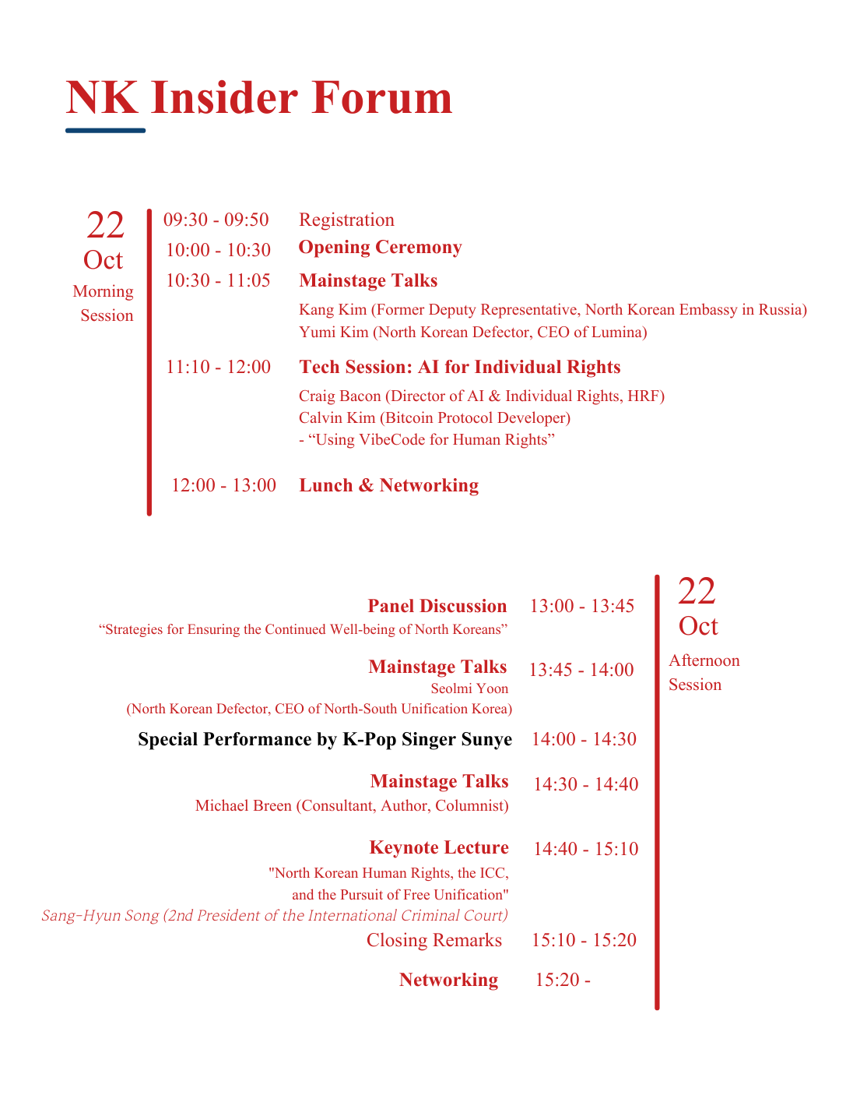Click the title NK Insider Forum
coord(259,98)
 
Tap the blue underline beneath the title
coord(105,130)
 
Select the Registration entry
coord(346,220)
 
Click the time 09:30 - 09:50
coord(216,220)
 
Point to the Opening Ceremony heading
coord(380,248)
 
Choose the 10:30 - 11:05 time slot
coord(218,280)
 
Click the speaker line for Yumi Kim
coord(472,333)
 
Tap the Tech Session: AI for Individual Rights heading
coord(459,367)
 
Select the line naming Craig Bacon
coord(481,396)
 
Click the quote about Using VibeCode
coord(427,440)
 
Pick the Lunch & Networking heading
coord(388,485)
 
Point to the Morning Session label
coord(104,303)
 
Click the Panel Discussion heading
coord(437,606)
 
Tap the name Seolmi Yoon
coord(469,688)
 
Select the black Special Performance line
coord(325,739)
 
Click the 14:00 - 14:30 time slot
coord(584,739)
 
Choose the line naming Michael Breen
coord(352,805)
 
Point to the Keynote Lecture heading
coord(439,847)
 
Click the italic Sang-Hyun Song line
coord(274,915)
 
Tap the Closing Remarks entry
coord(434,940)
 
